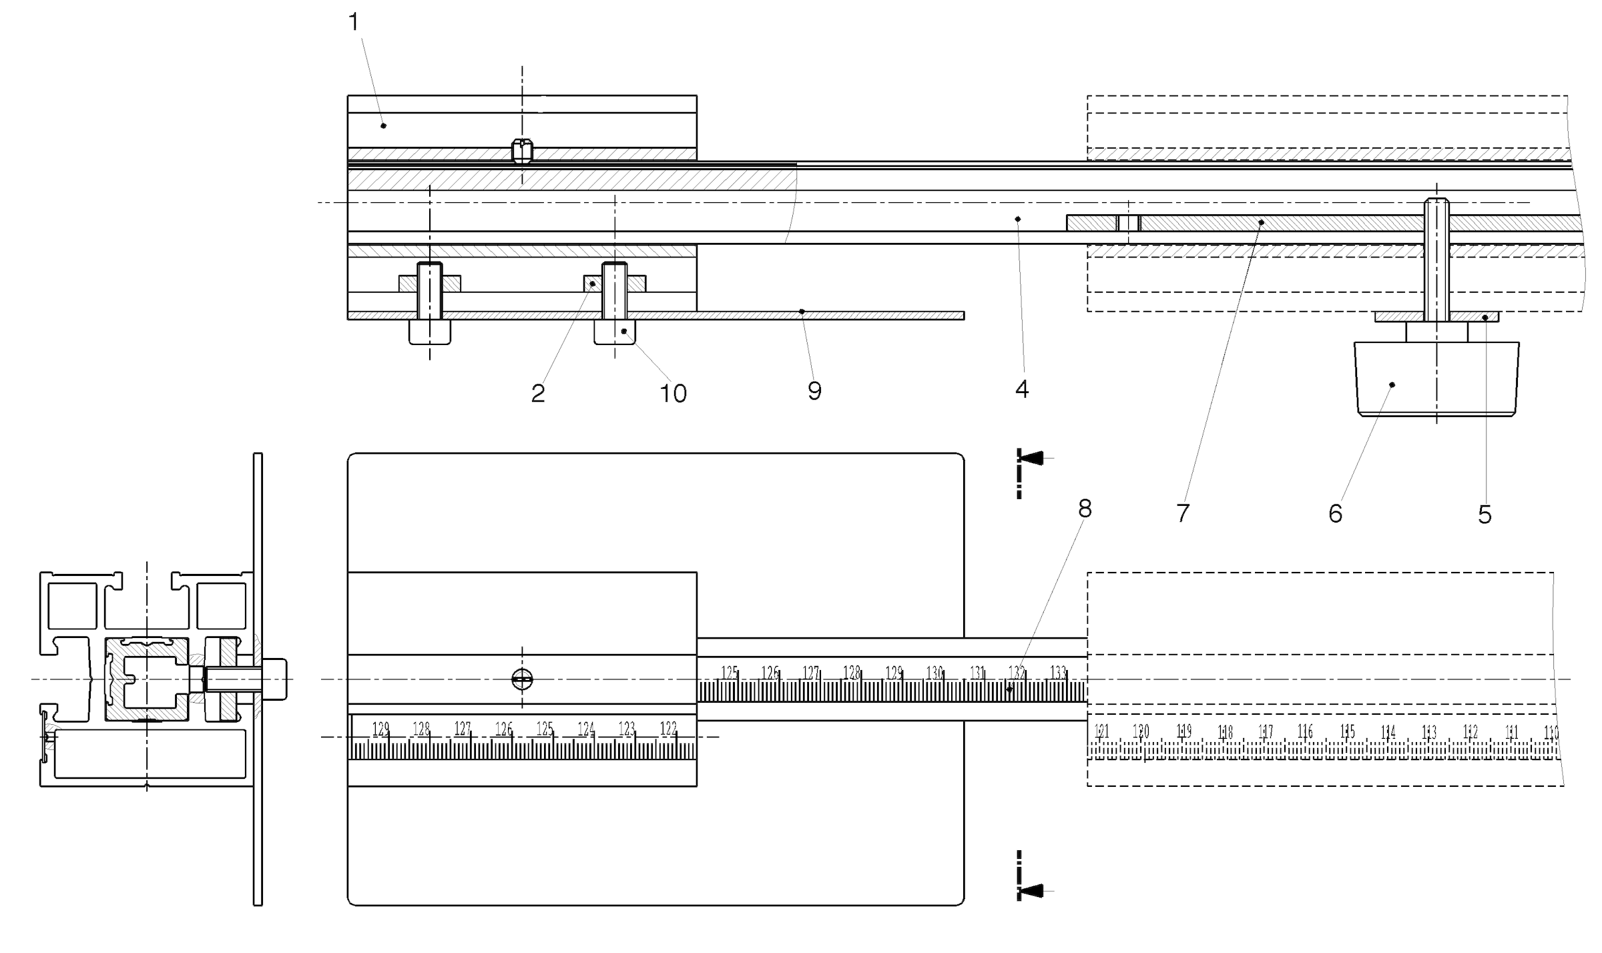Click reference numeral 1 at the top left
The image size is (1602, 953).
(x=354, y=23)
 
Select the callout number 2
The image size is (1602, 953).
(x=538, y=394)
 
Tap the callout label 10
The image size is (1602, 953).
(x=673, y=394)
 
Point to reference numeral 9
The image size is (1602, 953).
(x=814, y=391)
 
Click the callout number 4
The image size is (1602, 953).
(x=1022, y=390)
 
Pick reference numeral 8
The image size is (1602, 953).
(x=1085, y=509)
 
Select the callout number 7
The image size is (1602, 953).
(x=1183, y=513)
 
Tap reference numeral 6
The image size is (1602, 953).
(x=1336, y=513)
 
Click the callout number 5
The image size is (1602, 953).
(x=1485, y=515)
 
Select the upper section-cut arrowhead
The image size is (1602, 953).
(x=1032, y=458)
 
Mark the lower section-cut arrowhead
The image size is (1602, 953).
(x=1032, y=891)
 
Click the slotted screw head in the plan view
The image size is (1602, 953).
(x=522, y=679)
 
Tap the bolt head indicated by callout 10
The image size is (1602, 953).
(x=615, y=332)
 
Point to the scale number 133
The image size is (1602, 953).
(x=1059, y=673)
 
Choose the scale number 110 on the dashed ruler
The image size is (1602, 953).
(x=1551, y=733)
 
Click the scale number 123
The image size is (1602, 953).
(x=627, y=729)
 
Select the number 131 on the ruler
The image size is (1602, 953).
(x=977, y=673)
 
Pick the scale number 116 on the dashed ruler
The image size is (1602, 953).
(x=1306, y=732)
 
